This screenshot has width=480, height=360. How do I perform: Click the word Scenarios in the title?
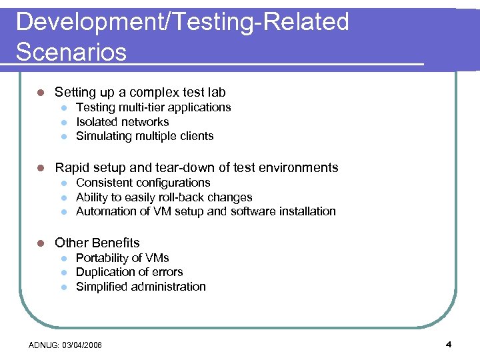[x=71, y=51]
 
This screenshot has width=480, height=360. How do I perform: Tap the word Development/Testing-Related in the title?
[x=182, y=22]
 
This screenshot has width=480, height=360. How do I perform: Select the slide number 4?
[x=449, y=345]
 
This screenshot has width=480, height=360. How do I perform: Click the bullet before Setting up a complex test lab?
[x=41, y=93]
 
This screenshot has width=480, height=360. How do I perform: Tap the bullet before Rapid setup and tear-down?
[x=41, y=168]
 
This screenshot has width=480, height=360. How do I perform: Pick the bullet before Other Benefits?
[x=41, y=243]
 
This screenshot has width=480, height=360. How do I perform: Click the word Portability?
[x=101, y=258]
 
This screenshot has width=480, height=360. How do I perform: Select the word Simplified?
[x=102, y=287]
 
